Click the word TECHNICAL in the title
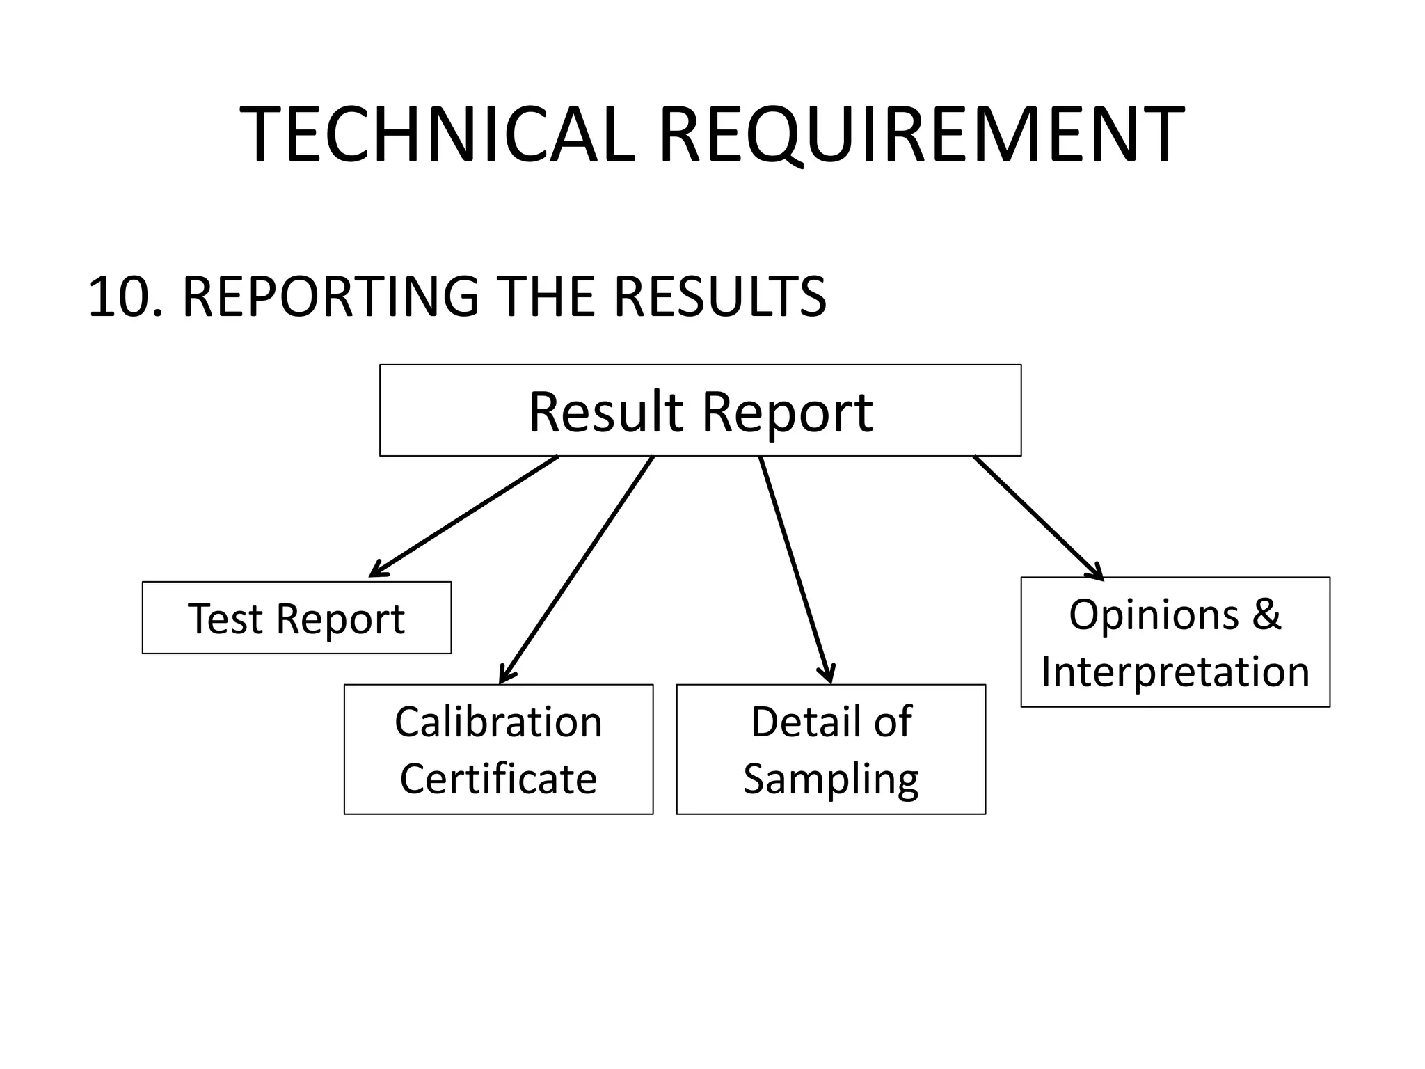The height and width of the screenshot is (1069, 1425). (437, 134)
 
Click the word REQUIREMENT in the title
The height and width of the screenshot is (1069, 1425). (921, 134)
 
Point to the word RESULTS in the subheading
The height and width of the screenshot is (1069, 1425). (719, 297)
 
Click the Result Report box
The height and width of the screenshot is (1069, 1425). (700, 411)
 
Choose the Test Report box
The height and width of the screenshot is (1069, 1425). (296, 618)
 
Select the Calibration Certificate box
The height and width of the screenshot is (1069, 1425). (498, 750)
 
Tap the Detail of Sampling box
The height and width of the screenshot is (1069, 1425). (831, 750)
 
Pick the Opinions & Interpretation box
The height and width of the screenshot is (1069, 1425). (1175, 642)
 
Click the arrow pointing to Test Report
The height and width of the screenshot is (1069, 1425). (464, 516)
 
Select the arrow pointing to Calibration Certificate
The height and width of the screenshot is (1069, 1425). (577, 569)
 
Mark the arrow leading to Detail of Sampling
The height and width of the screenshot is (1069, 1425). (795, 569)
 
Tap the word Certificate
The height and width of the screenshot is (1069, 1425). (498, 778)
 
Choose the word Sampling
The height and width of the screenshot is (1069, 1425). (831, 779)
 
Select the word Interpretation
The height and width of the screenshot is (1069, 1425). (1175, 672)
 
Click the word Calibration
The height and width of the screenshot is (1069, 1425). (498, 722)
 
